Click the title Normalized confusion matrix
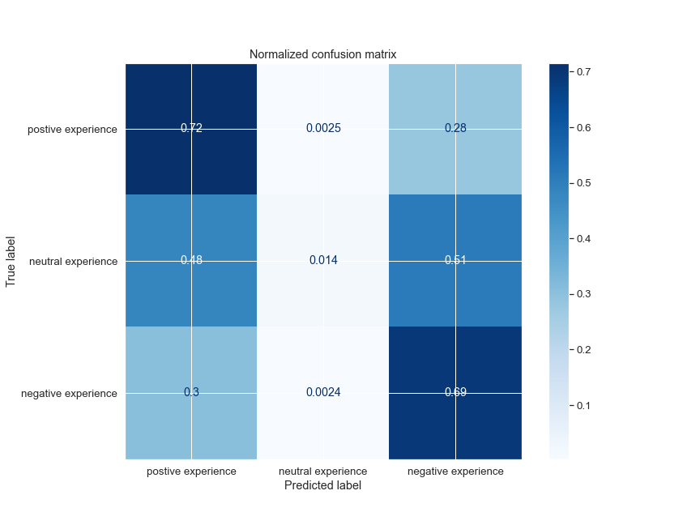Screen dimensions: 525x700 (322, 54)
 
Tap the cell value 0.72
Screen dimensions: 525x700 (191, 129)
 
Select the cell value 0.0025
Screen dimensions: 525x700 (323, 129)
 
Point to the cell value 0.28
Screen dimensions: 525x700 (455, 129)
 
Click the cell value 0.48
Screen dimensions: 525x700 (191, 261)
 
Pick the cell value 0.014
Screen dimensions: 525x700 (323, 261)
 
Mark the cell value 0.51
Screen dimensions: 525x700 (455, 261)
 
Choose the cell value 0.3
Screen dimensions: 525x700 (191, 393)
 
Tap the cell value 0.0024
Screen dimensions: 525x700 (323, 393)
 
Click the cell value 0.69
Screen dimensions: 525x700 (455, 393)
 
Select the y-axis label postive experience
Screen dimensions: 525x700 (72, 130)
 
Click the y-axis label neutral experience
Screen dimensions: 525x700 (73, 262)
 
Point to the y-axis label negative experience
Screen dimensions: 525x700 (70, 394)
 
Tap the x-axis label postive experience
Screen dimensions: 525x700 (191, 472)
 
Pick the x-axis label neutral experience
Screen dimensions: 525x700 (323, 472)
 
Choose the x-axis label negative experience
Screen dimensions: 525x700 (455, 472)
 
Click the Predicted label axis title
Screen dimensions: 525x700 (323, 486)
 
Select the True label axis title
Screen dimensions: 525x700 (11, 261)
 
